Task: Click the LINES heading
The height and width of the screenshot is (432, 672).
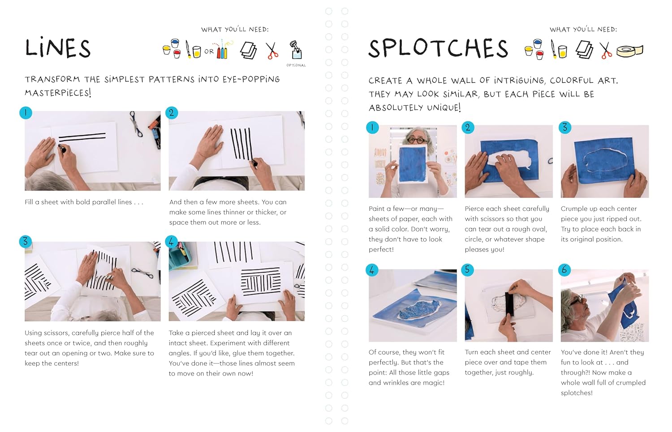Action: (58, 47)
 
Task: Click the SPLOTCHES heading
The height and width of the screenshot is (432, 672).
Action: (438, 48)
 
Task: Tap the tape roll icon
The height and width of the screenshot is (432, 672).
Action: (630, 51)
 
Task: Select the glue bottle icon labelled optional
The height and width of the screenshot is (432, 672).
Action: (296, 50)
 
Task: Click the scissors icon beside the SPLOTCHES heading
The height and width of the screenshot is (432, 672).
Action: (605, 50)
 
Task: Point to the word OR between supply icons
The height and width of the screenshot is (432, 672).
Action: (209, 51)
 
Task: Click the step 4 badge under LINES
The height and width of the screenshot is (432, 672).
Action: (171, 242)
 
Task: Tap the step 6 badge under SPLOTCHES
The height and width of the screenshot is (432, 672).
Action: (564, 270)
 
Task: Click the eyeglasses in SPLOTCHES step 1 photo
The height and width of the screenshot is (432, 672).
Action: (417, 140)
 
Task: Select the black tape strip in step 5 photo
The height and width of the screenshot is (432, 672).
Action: (509, 304)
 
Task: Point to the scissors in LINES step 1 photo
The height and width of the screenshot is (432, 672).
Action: (136, 124)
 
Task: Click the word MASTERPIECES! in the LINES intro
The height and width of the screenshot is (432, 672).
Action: (58, 93)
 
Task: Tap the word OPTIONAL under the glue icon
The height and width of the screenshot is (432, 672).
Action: (296, 65)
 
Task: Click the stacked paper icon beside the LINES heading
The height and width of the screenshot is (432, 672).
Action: (248, 50)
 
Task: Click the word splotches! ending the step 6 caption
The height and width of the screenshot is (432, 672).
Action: (577, 393)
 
